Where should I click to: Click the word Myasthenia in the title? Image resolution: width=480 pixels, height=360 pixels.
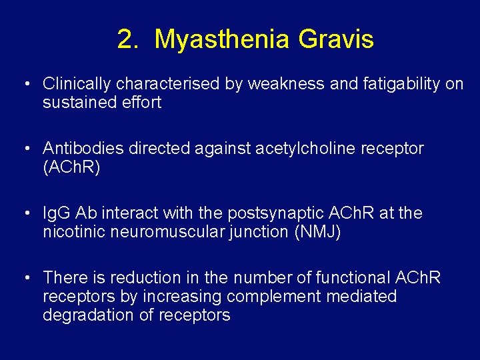[x=223, y=40]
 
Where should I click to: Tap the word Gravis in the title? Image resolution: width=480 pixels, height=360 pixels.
[x=336, y=40]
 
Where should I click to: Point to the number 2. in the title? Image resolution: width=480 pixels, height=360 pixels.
[x=128, y=40]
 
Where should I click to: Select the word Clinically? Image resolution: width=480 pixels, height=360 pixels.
[x=77, y=84]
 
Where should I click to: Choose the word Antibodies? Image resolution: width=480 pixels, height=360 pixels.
[x=83, y=148]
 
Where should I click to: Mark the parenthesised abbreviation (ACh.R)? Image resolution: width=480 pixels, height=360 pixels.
[x=71, y=167]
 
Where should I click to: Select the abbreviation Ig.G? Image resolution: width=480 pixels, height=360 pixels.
[x=57, y=213]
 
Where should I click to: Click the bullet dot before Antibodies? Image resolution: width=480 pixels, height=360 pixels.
[x=25, y=149]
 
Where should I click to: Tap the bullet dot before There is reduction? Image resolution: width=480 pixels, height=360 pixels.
[x=25, y=277]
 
